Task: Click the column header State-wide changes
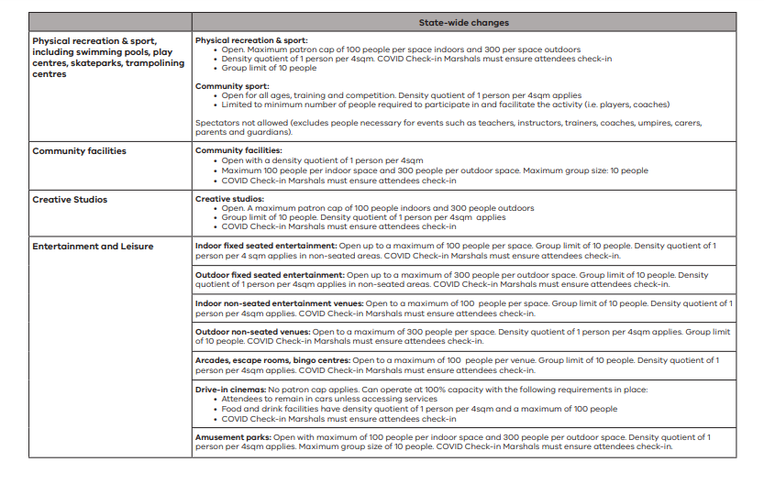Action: pos(464,22)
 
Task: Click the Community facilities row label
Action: pos(80,150)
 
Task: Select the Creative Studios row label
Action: pos(70,199)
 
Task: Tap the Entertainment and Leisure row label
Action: pos(93,247)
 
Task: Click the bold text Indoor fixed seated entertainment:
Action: pos(265,247)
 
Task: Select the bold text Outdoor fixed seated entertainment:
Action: pos(268,275)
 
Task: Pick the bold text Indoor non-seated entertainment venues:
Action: pos(279,303)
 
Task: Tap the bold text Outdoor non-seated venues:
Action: pos(252,332)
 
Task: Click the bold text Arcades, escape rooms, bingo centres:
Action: pos(272,360)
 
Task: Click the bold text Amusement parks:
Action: pos(233,437)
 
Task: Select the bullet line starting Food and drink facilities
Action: pos(419,409)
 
